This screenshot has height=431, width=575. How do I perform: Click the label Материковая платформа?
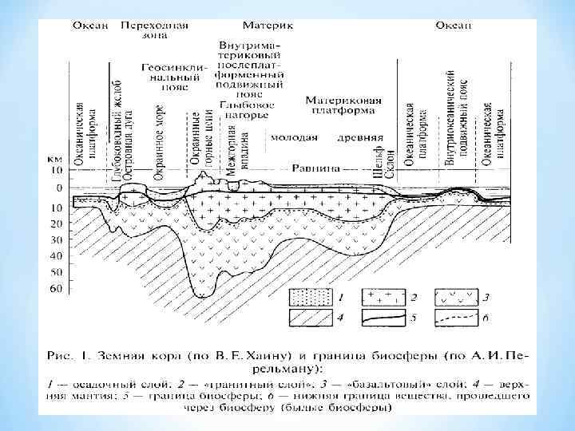pos(343,107)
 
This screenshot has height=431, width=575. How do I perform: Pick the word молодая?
pos(294,137)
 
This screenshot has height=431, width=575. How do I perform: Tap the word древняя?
pos(355,137)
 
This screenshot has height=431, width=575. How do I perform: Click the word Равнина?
pos(338,168)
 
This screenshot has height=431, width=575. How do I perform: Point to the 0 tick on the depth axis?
pos(56,188)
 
